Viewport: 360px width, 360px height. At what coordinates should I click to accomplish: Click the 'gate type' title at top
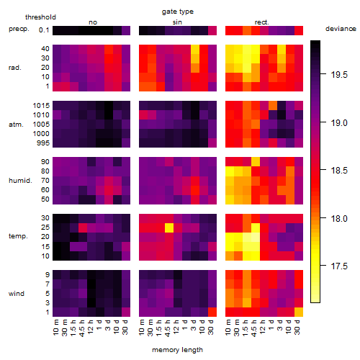[178, 12]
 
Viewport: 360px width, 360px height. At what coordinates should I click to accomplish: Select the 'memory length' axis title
[177, 350]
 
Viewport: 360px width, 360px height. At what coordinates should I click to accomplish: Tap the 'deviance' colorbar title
[341, 29]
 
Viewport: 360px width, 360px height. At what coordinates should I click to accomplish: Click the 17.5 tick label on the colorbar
[339, 266]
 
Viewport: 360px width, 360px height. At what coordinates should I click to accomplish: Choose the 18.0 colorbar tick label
[339, 218]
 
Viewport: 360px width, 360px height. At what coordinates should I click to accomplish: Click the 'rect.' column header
[262, 22]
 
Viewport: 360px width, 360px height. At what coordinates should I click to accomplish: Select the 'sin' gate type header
[177, 22]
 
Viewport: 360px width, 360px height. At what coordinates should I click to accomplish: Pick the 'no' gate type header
[93, 22]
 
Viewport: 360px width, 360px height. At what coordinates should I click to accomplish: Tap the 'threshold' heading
[40, 17]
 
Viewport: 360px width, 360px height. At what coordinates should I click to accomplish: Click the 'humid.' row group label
[20, 181]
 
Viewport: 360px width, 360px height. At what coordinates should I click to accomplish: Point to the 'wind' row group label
[17, 294]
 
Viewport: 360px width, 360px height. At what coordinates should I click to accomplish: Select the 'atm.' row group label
[16, 125]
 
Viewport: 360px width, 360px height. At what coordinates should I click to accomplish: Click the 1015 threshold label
[41, 106]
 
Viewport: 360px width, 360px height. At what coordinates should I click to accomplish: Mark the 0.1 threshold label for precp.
[44, 30]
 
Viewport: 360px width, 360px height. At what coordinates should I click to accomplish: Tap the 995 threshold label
[43, 143]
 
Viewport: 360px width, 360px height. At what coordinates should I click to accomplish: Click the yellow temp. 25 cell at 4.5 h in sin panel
[169, 228]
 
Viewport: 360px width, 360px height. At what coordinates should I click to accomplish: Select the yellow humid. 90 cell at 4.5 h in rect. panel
[256, 162]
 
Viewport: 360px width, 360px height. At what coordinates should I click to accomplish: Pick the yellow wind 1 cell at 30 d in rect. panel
[299, 312]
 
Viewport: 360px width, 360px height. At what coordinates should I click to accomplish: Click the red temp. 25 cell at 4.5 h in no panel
[83, 228]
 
